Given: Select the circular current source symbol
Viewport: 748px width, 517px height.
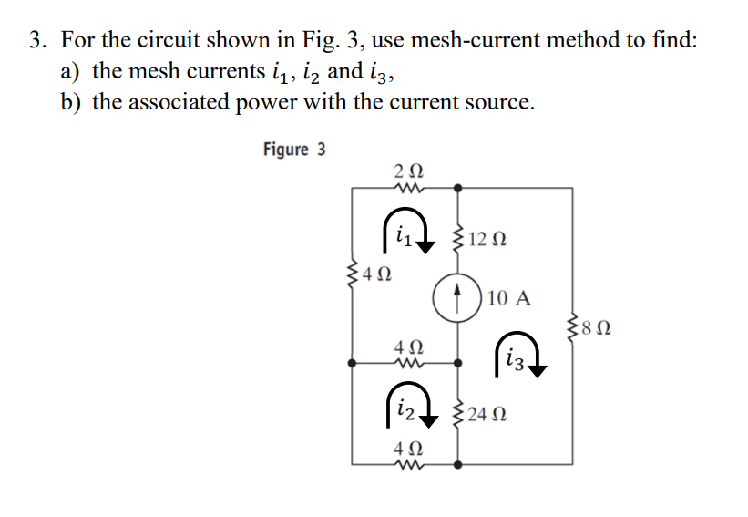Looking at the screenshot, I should (x=457, y=299).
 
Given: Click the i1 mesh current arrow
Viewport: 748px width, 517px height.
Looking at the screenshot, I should (x=402, y=238).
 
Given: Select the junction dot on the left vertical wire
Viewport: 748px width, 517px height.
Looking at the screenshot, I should (x=353, y=362).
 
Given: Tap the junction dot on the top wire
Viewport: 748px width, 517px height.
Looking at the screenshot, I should (x=457, y=188).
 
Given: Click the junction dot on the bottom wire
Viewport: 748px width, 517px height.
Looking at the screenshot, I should (x=457, y=463).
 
